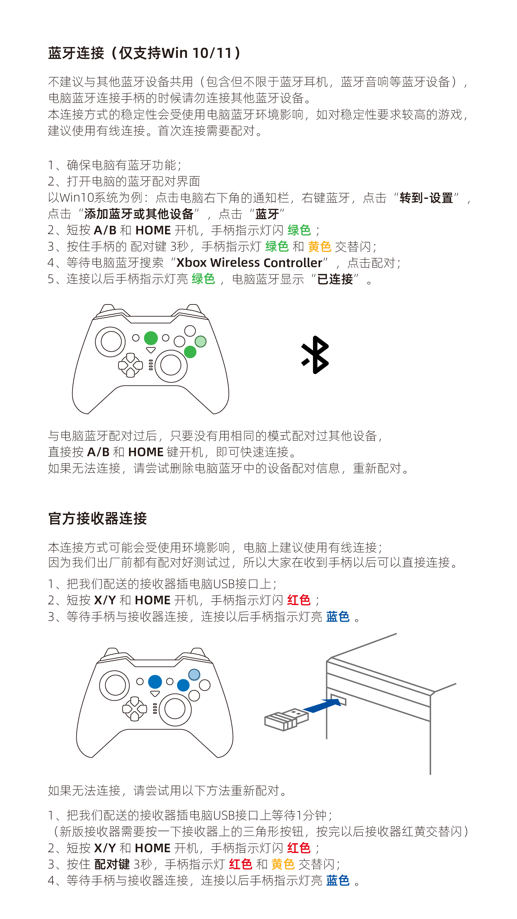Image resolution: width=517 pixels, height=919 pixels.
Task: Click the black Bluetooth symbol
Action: click(315, 355)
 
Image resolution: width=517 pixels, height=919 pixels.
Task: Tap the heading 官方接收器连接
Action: click(98, 518)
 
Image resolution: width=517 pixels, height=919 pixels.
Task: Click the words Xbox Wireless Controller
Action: click(249, 262)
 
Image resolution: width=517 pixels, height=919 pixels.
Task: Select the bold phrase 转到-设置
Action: click(426, 198)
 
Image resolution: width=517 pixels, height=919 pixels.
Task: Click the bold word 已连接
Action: click(335, 279)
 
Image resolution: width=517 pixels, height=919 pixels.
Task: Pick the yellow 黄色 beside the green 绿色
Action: click(320, 247)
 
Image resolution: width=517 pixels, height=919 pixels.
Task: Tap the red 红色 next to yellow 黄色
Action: click(241, 864)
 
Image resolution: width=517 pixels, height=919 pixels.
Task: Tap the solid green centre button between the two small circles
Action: click(151, 338)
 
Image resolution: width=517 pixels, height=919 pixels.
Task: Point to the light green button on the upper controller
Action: click(200, 341)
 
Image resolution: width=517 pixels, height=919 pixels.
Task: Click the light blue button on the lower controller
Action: click(194, 675)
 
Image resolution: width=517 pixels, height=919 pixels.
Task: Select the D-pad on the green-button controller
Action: click(130, 365)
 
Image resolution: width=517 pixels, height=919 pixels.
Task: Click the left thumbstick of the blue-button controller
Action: click(114, 685)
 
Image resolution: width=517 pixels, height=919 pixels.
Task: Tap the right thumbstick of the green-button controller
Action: click(171, 366)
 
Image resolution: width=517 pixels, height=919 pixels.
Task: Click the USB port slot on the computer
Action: click(338, 699)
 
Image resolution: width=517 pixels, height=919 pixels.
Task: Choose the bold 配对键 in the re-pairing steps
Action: click(112, 864)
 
